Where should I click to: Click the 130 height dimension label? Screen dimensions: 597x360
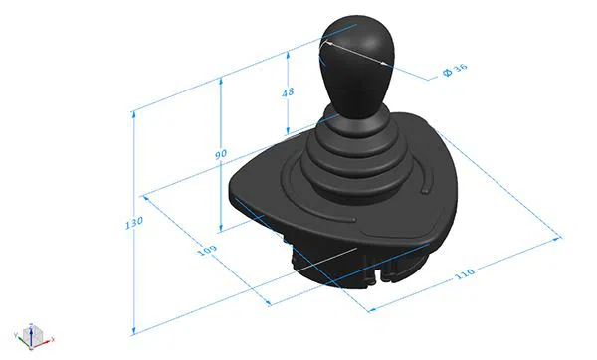(134, 222)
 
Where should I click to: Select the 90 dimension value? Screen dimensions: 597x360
(221, 154)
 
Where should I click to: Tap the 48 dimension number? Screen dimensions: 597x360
(288, 92)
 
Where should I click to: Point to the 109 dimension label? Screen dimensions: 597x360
(207, 250)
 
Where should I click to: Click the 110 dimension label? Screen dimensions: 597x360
(465, 273)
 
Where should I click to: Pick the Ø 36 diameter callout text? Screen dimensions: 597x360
(455, 70)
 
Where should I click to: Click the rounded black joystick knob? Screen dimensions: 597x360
(355, 65)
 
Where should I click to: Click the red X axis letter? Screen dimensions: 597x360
(53, 339)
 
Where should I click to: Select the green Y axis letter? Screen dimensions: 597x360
(16, 335)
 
